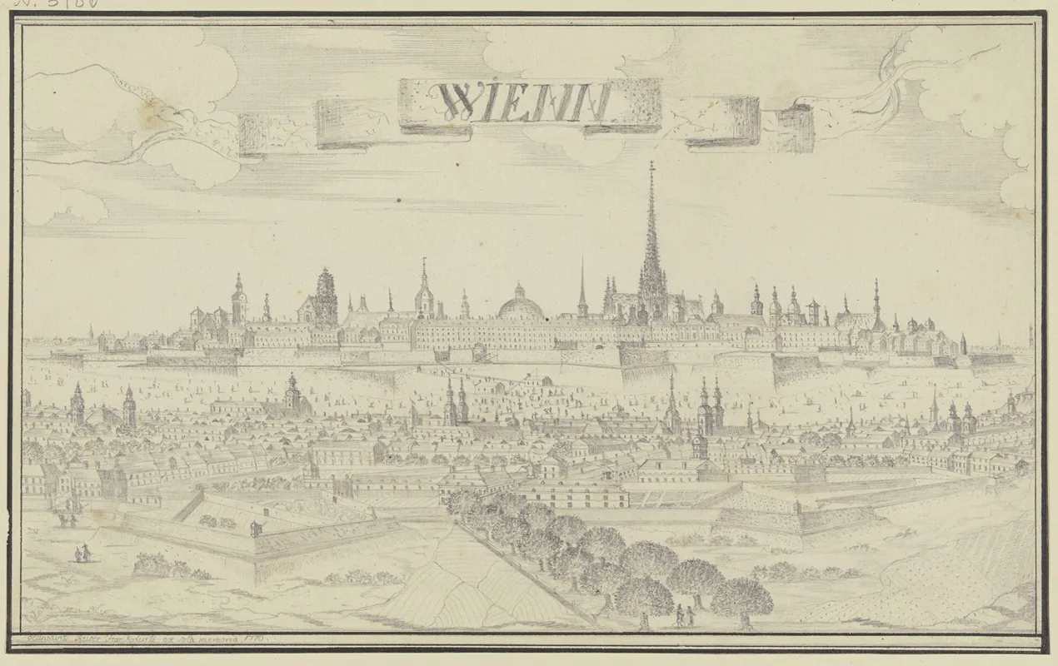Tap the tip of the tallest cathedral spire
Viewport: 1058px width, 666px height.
point(652,163)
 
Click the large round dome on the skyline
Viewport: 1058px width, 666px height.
point(520,305)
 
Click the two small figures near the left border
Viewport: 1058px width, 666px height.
point(80,554)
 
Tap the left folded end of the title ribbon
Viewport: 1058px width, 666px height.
point(263,133)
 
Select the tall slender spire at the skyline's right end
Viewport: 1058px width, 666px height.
point(876,304)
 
